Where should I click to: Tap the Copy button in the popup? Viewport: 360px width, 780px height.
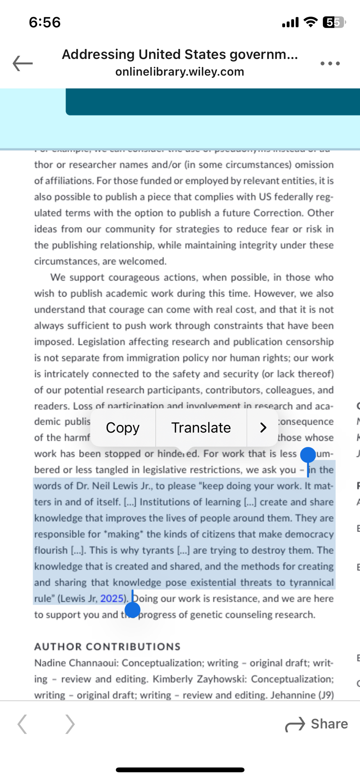(x=122, y=428)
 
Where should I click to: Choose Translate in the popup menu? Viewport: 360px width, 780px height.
(x=201, y=428)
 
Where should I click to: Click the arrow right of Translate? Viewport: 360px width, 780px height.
(x=263, y=428)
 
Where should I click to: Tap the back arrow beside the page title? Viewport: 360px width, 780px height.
(x=23, y=63)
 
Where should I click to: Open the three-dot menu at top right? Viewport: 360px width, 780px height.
(x=330, y=63)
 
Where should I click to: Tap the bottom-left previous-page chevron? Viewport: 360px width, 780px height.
(x=23, y=724)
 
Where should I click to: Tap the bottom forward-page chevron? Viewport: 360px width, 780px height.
(x=70, y=724)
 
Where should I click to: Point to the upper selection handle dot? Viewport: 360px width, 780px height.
(x=308, y=455)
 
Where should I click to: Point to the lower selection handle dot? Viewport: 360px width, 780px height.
(x=133, y=610)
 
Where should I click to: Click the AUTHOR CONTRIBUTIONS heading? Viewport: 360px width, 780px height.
(x=107, y=647)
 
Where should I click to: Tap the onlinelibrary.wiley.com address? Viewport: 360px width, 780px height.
(x=179, y=72)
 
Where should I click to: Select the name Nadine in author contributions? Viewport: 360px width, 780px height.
(x=48, y=663)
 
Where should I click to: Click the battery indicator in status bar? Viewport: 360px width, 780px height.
(x=334, y=23)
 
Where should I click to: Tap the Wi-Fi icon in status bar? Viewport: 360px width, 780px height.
(x=310, y=22)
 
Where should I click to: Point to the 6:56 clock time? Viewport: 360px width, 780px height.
(x=45, y=22)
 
